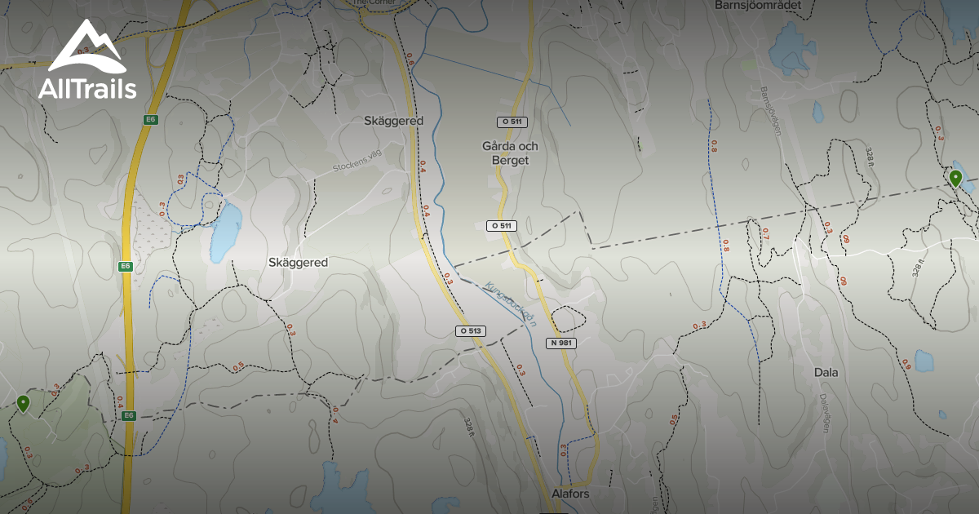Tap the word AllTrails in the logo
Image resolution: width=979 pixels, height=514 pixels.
pyautogui.click(x=87, y=88)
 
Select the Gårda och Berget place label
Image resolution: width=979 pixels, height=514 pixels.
pyautogui.click(x=510, y=153)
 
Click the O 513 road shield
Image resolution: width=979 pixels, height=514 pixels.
pyautogui.click(x=470, y=331)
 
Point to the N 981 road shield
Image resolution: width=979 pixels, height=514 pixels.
pyautogui.click(x=561, y=343)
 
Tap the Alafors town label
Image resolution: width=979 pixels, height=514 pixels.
pyautogui.click(x=570, y=494)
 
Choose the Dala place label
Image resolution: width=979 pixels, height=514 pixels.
pyautogui.click(x=826, y=372)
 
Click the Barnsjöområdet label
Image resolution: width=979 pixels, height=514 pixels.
pyautogui.click(x=758, y=5)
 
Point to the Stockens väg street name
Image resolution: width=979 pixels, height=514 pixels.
pyautogui.click(x=357, y=162)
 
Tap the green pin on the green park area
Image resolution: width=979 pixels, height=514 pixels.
pyautogui.click(x=24, y=403)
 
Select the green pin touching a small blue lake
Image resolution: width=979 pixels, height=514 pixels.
pyautogui.click(x=955, y=178)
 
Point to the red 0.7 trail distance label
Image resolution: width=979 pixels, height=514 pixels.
pyautogui.click(x=764, y=234)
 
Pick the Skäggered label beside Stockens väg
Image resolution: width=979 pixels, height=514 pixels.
pyautogui.click(x=393, y=121)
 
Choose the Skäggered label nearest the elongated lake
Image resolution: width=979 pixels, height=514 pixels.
pyautogui.click(x=298, y=263)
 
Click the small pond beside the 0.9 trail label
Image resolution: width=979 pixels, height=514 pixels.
pyautogui.click(x=924, y=360)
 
